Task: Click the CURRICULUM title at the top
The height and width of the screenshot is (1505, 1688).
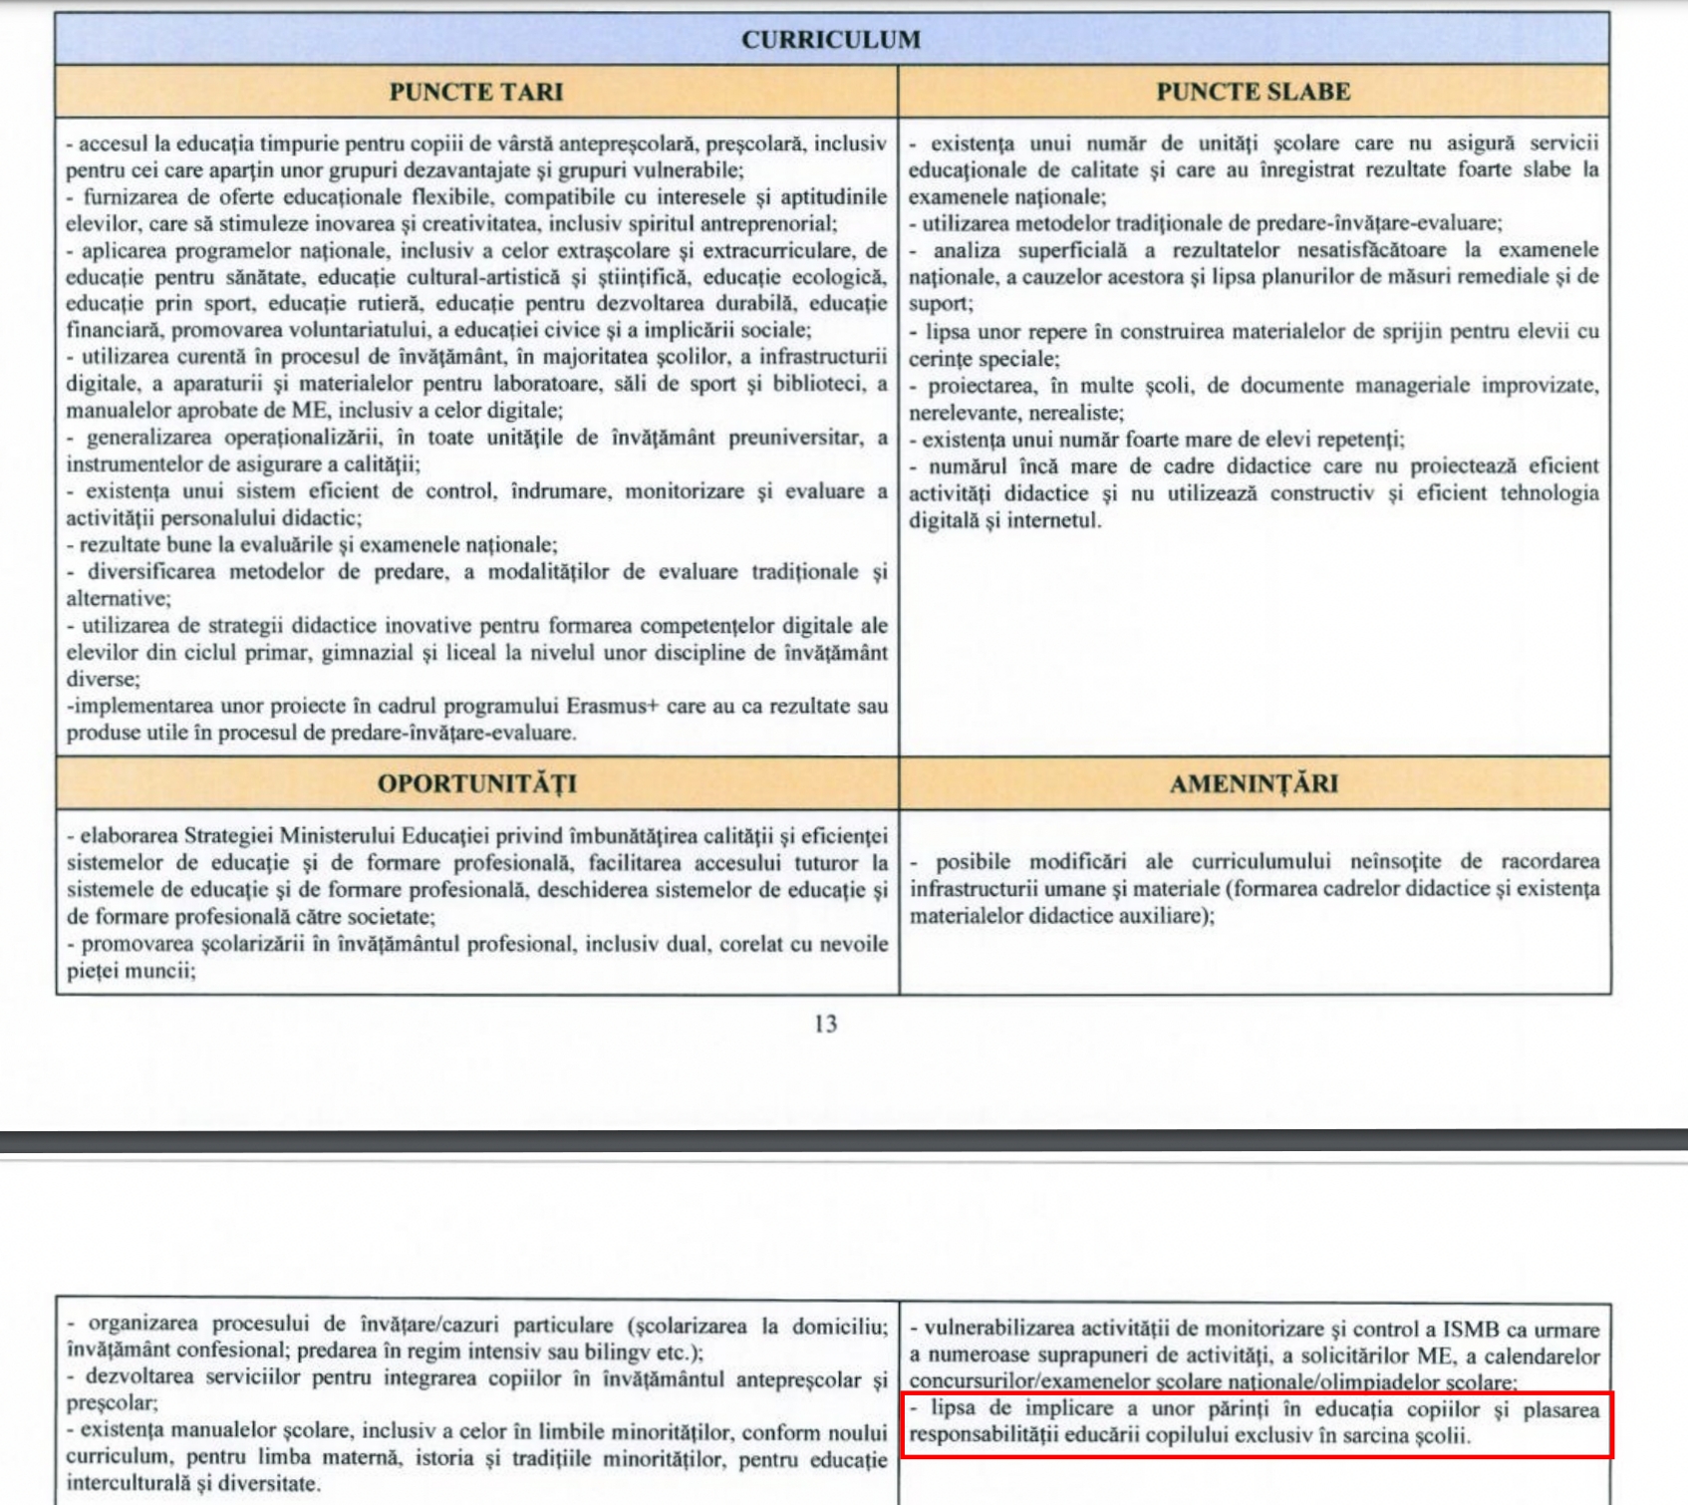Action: click(830, 40)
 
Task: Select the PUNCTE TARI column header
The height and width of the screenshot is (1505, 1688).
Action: click(475, 92)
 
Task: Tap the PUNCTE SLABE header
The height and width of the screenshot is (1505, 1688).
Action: click(1253, 92)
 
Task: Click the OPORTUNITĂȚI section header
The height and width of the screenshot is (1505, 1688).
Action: click(476, 783)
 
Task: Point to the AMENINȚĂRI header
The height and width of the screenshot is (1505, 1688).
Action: click(1253, 783)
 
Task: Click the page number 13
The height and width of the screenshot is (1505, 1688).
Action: click(825, 1024)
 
